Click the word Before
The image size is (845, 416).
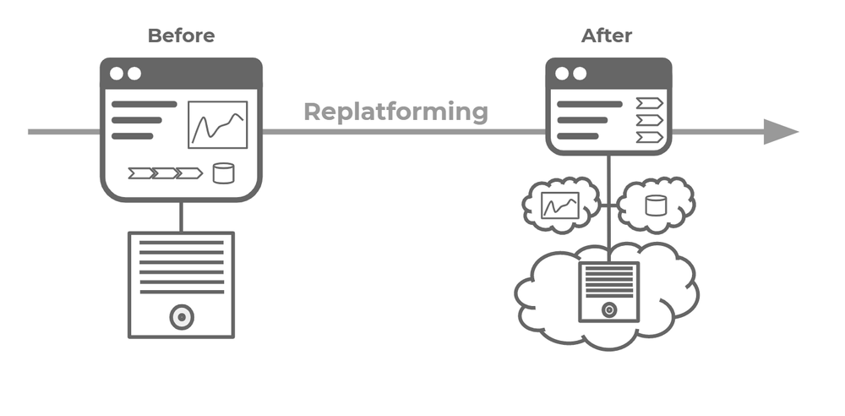pyautogui.click(x=181, y=36)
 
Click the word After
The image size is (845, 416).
pyautogui.click(x=607, y=36)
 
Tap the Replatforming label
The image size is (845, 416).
pyautogui.click(x=395, y=112)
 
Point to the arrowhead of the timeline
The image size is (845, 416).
pyautogui.click(x=781, y=132)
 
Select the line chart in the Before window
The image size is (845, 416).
pyautogui.click(x=217, y=125)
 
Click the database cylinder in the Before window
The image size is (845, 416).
pyautogui.click(x=223, y=173)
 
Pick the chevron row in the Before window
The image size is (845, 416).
pyautogui.click(x=165, y=173)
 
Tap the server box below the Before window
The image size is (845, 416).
pyautogui.click(x=181, y=284)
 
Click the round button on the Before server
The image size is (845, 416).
pyautogui.click(x=181, y=318)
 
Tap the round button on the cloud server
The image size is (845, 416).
pyautogui.click(x=608, y=309)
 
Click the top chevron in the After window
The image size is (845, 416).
pyautogui.click(x=650, y=103)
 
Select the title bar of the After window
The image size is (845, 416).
pyautogui.click(x=608, y=74)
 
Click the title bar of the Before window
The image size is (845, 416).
pyautogui.click(x=181, y=74)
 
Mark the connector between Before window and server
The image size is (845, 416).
pyautogui.click(x=181, y=216)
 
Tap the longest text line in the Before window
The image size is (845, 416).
pyautogui.click(x=144, y=104)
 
